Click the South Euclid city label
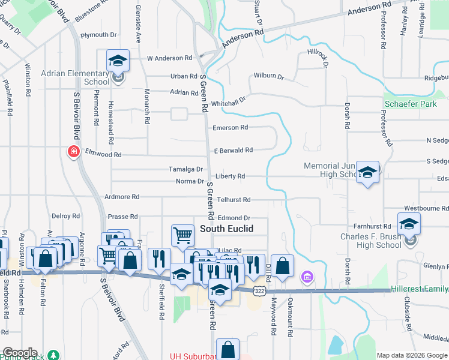coord(226,229)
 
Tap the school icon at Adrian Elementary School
coord(118,61)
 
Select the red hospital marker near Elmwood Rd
coord(74,152)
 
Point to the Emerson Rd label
coord(230,128)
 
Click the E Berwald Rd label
coord(234,150)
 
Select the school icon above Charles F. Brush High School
coord(409,224)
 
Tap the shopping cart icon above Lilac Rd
coord(182,235)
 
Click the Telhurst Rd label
coord(234,199)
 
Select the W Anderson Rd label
coord(169,58)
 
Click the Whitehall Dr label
coord(228,101)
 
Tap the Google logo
coord(19,353)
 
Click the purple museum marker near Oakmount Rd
coord(307,277)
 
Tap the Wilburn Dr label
coord(268,77)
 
